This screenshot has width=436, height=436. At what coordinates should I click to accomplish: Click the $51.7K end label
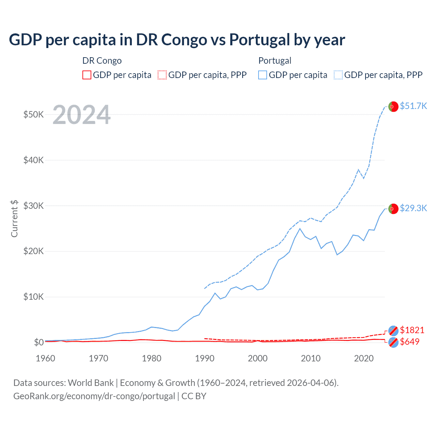413,106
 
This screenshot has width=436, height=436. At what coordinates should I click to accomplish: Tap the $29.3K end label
413,208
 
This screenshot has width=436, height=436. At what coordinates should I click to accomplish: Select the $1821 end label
412,330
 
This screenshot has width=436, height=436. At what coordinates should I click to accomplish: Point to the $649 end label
409,342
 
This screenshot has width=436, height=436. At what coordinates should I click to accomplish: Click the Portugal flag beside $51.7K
393,107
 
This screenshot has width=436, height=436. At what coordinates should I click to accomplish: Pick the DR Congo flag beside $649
393,342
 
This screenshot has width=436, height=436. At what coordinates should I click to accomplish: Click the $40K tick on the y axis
33,160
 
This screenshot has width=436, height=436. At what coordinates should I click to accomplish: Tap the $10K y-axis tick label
33,297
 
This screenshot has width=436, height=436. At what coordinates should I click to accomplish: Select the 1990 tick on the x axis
205,358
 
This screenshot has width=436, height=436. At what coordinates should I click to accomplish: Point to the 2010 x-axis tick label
311,358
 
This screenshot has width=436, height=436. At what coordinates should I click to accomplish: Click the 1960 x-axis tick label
46,358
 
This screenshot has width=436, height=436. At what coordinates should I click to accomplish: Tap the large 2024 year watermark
81,115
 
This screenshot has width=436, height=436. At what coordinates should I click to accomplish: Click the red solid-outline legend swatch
87,75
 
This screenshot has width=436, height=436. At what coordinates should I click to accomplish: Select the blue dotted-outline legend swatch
338,75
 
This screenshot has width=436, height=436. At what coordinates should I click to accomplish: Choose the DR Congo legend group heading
102,61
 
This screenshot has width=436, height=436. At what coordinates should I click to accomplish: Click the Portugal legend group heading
275,61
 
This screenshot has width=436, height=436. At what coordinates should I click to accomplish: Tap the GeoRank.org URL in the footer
94,396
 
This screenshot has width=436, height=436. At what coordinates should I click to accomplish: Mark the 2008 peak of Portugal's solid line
300,229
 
